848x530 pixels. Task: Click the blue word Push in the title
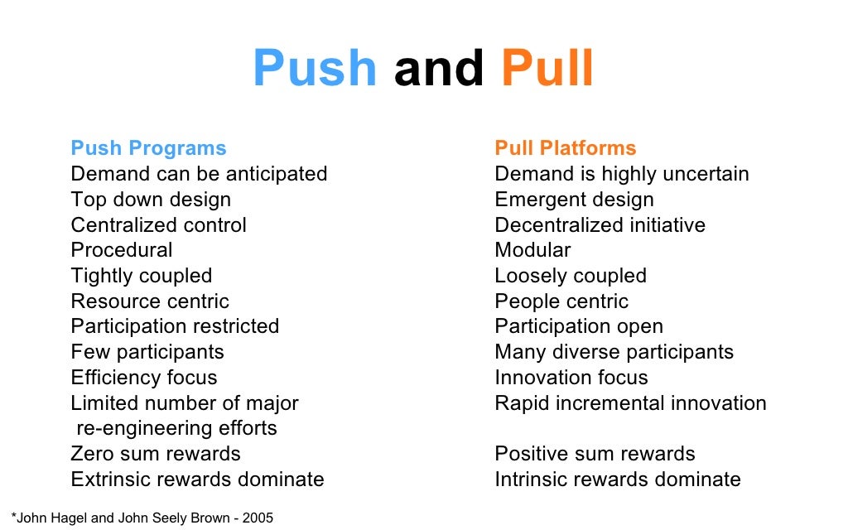(314, 68)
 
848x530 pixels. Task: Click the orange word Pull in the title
(547, 68)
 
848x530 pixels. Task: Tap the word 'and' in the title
(439, 68)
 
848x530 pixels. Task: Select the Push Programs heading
(148, 148)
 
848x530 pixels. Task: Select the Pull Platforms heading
(566, 148)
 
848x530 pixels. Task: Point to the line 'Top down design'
(151, 200)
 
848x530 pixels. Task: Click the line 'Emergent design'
(574, 200)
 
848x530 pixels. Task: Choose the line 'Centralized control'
(158, 225)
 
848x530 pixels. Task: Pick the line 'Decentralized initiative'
(600, 225)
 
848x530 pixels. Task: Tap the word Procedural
(122, 250)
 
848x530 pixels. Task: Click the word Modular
(532, 250)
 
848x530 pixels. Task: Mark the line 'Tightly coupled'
(141, 276)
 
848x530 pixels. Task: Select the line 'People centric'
(561, 301)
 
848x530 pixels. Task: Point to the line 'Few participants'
(147, 352)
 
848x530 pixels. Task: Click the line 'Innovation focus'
(571, 378)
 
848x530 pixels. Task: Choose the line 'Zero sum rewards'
(156, 454)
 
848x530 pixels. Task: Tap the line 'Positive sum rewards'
(595, 454)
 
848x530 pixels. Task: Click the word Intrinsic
(529, 479)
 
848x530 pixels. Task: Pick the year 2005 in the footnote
(258, 518)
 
